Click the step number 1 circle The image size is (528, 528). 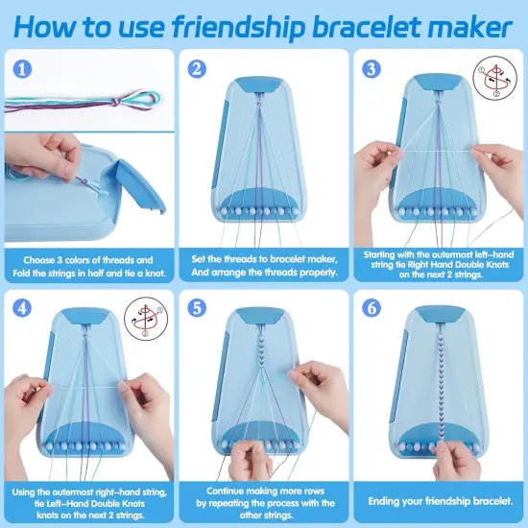(x=22, y=68)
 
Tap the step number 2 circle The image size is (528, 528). (x=198, y=68)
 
